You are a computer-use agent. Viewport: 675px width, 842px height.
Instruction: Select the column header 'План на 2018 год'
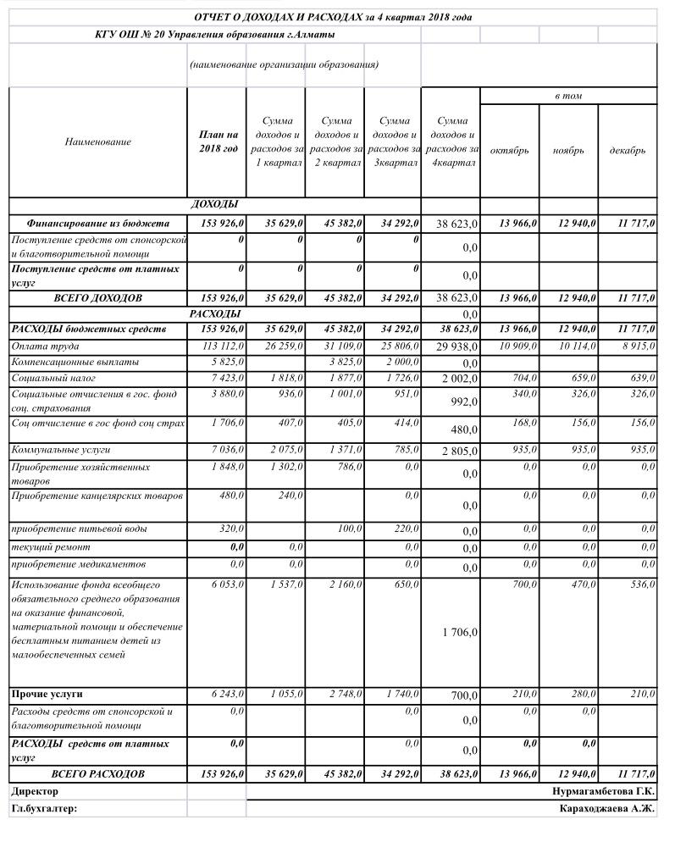pyautogui.click(x=217, y=142)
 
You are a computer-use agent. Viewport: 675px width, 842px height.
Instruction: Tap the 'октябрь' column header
pyautogui.click(x=509, y=151)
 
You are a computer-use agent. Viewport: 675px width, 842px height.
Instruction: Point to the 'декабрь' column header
pyautogui.click(x=628, y=151)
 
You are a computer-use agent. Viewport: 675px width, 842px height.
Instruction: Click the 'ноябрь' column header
pyautogui.click(x=568, y=151)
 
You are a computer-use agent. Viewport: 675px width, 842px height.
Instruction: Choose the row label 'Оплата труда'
pyautogui.click(x=41, y=346)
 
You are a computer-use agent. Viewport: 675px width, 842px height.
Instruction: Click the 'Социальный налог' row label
pyautogui.click(x=53, y=378)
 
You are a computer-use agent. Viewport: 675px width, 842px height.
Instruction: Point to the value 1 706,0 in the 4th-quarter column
pyautogui.click(x=460, y=633)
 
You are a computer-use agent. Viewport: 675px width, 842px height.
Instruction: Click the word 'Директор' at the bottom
pyautogui.click(x=36, y=791)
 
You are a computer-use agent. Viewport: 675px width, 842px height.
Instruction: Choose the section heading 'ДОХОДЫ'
pyautogui.click(x=215, y=204)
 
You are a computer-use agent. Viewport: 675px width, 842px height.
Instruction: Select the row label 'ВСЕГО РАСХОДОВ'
pyautogui.click(x=98, y=774)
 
